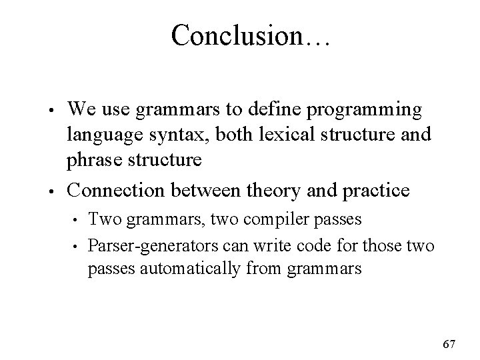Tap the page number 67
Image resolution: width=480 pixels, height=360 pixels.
449,344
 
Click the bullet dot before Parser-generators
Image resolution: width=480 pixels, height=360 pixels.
77,247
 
